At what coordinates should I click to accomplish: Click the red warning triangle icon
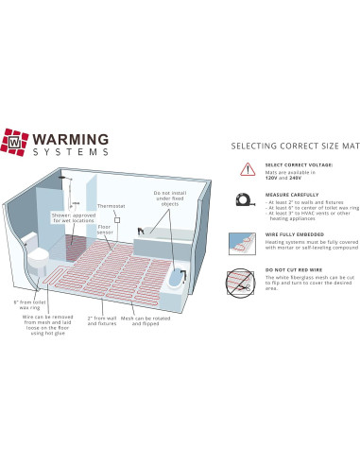point(248,169)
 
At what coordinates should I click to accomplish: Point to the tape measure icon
point(248,199)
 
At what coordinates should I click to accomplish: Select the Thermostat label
point(110,206)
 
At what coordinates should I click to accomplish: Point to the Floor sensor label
point(107,231)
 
